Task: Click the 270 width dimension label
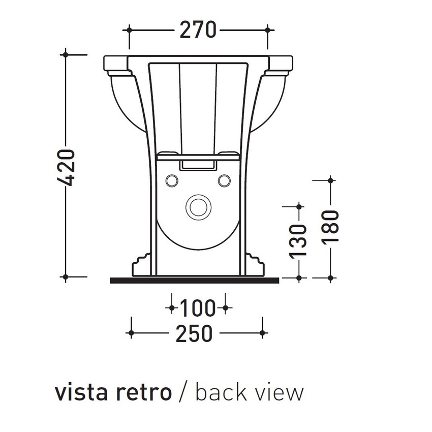point(198,30)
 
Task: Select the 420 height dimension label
point(67,167)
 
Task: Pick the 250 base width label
point(194,333)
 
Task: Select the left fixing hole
point(172,180)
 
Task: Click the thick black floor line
point(194,280)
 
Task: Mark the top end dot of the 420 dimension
point(65,53)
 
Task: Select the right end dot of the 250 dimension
point(262,333)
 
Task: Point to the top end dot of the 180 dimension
point(331,180)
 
